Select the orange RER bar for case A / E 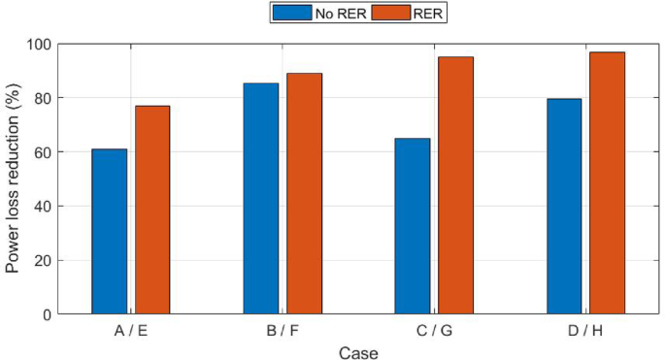[x=152, y=210]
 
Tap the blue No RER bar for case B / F [x=261, y=198]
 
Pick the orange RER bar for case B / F [x=304, y=193]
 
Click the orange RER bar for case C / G [x=455, y=185]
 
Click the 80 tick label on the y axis [x=42, y=98]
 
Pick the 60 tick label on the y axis [x=42, y=152]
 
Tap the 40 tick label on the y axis [x=42, y=206]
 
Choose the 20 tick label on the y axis [x=42, y=260]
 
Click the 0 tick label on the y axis [x=46, y=314]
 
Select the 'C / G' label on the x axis [x=434, y=331]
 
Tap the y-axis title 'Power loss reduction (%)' [x=14, y=179]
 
